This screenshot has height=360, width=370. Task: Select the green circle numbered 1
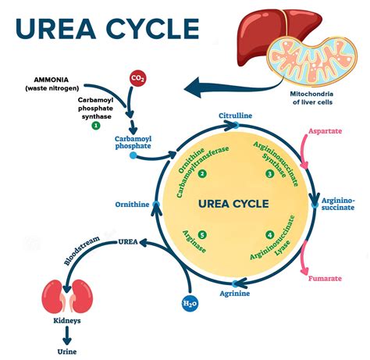[96, 125]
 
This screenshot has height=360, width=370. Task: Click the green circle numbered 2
[202, 173]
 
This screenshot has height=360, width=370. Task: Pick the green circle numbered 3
[269, 173]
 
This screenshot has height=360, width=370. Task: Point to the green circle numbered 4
[269, 234]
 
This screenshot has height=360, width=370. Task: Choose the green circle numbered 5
[202, 234]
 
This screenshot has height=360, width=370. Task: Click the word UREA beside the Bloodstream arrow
[128, 242]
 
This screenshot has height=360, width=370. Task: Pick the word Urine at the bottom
[66, 351]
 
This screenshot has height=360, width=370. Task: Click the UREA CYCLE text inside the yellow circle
[233, 204]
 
